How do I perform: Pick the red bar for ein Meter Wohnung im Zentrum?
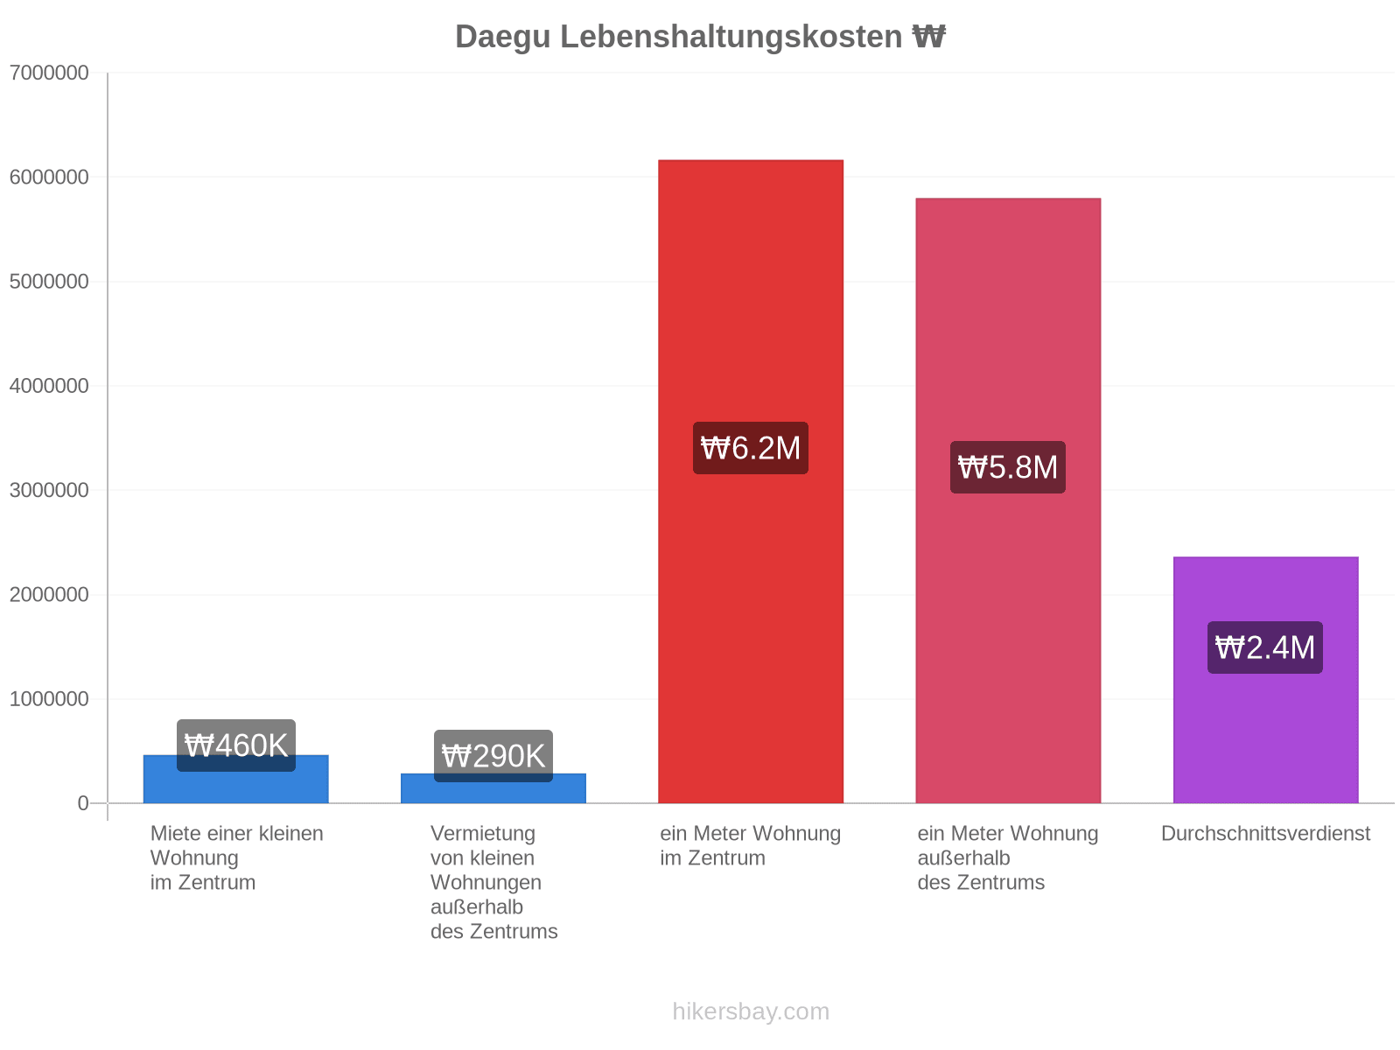[x=751, y=481]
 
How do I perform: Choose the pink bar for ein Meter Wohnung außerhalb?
[x=1008, y=500]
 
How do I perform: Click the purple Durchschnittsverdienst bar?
[x=1265, y=680]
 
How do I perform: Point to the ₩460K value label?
[x=236, y=745]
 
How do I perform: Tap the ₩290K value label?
[x=493, y=756]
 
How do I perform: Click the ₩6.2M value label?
[x=751, y=447]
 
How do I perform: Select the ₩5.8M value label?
[x=1008, y=467]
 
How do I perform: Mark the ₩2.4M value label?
[x=1265, y=647]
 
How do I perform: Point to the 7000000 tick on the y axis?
[x=49, y=73]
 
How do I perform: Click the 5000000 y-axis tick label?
[x=49, y=281]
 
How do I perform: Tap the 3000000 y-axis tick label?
[x=49, y=490]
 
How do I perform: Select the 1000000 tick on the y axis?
[x=49, y=699]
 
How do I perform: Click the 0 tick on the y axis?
[x=83, y=803]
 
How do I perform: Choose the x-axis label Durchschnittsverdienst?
[x=1265, y=833]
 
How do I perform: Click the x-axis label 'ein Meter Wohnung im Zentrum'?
[x=751, y=845]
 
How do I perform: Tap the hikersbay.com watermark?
[x=751, y=1011]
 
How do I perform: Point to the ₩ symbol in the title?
[x=928, y=37]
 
